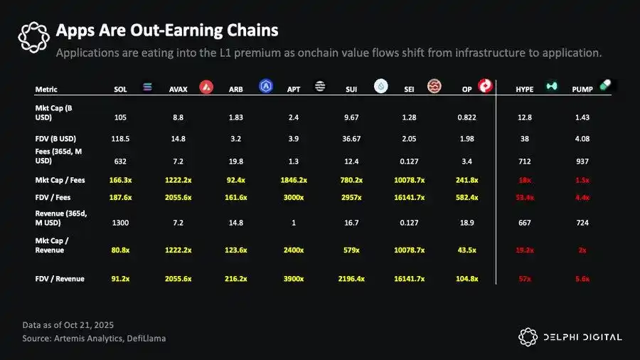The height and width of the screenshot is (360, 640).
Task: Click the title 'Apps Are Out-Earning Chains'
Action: point(166,31)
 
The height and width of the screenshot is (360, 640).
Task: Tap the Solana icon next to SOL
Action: point(148,87)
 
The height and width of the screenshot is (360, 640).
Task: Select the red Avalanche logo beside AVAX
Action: point(206,87)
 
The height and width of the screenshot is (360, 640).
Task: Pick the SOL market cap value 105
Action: point(120,117)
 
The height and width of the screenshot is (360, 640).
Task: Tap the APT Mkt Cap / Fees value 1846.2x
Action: point(294,181)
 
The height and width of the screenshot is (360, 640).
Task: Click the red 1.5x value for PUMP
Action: point(582,181)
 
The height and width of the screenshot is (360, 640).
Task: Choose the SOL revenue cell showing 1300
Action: point(120,223)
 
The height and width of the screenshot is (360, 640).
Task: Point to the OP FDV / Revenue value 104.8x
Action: point(466,279)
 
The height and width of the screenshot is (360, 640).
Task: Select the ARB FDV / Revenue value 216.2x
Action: point(236,279)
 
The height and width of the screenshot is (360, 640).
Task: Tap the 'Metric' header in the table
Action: point(46,90)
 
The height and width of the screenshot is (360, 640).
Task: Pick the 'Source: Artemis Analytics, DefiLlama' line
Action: point(94,339)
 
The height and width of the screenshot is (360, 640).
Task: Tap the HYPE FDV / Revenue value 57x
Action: point(526,279)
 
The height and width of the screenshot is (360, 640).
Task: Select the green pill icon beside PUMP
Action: point(605,85)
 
